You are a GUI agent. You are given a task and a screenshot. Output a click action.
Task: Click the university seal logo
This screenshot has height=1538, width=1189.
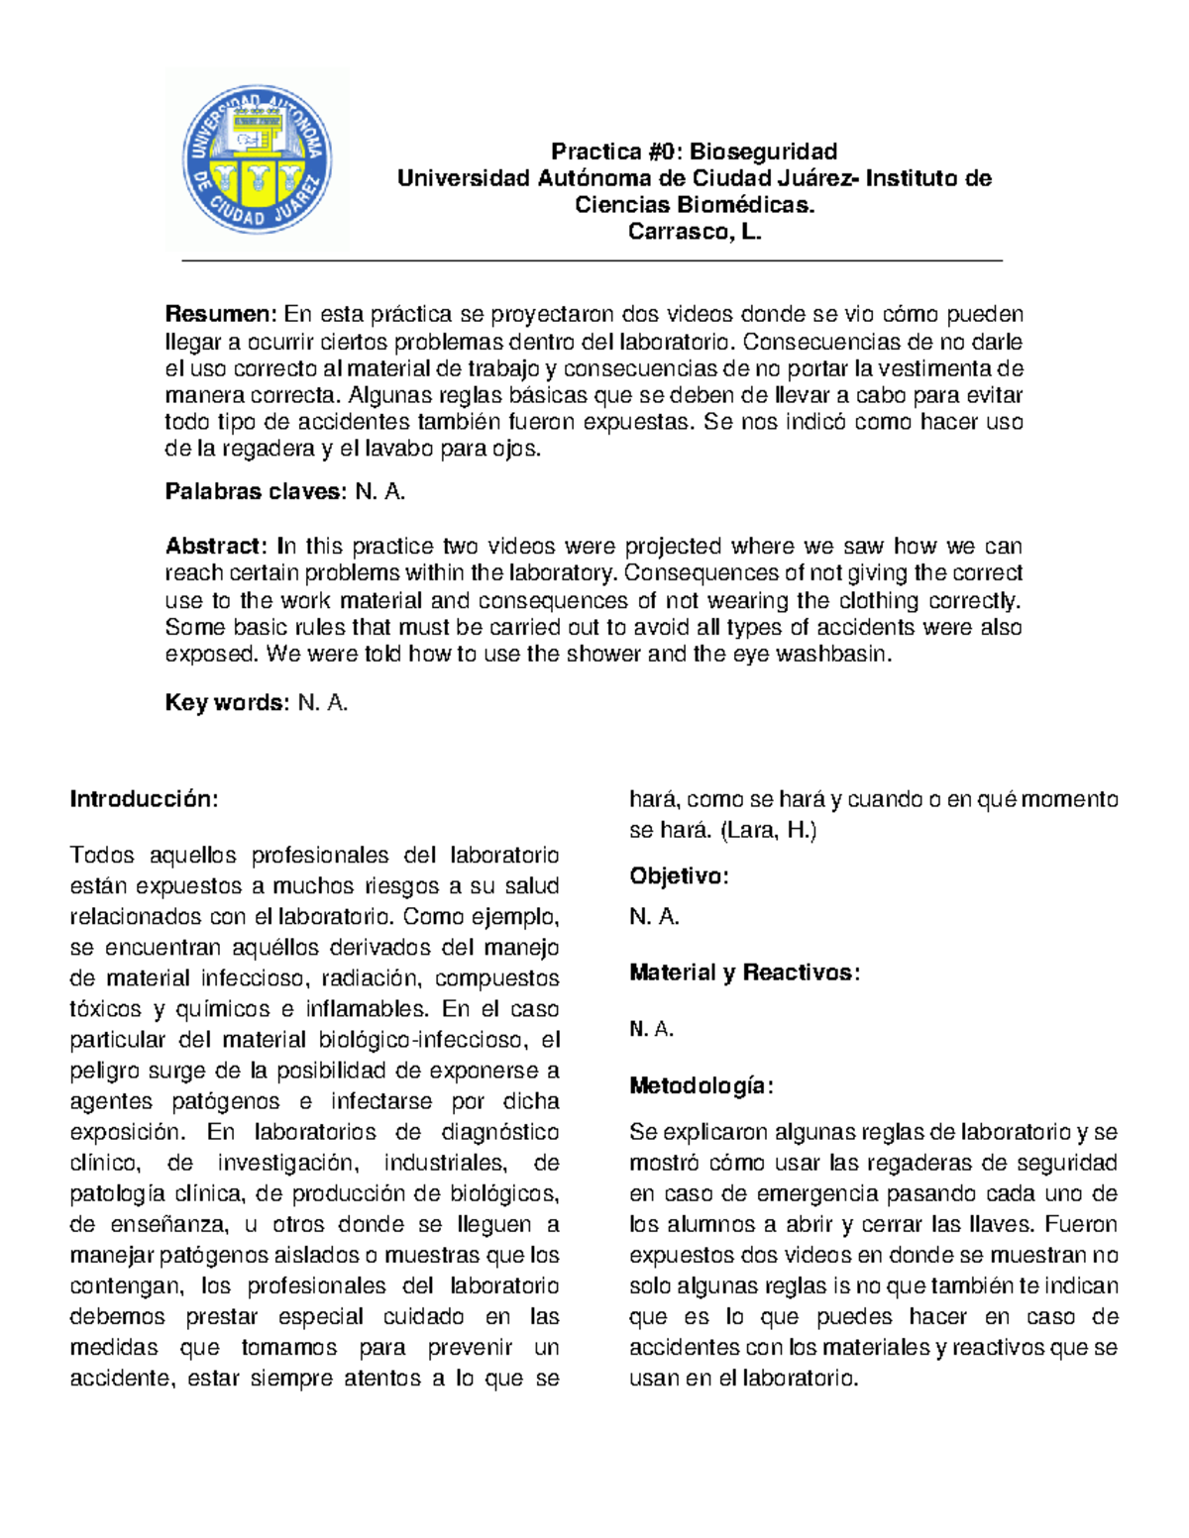257,158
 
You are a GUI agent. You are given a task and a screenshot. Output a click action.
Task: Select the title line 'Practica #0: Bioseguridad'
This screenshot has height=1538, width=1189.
694,152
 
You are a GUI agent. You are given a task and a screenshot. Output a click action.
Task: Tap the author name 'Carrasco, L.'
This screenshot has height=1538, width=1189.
694,232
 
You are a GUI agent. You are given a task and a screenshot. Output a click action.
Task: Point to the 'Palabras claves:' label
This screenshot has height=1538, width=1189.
256,492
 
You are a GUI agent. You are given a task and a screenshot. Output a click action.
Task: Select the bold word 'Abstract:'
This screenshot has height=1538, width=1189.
216,547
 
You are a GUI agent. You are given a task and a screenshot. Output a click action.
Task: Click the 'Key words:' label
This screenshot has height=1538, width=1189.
227,703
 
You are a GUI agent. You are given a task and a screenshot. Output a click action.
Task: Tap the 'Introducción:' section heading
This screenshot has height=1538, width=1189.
143,799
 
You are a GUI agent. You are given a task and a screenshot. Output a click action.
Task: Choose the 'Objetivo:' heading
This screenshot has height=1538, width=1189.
679,876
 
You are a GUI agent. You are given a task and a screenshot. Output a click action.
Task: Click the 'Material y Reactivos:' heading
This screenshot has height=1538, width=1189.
744,974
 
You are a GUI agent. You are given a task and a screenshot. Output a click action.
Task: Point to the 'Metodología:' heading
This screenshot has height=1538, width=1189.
701,1086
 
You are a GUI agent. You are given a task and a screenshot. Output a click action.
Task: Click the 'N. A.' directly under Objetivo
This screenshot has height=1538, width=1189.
654,917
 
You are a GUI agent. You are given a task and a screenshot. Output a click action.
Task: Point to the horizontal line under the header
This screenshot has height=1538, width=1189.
593,261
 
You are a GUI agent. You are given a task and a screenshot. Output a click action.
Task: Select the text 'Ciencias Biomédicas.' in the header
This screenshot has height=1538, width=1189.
694,205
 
